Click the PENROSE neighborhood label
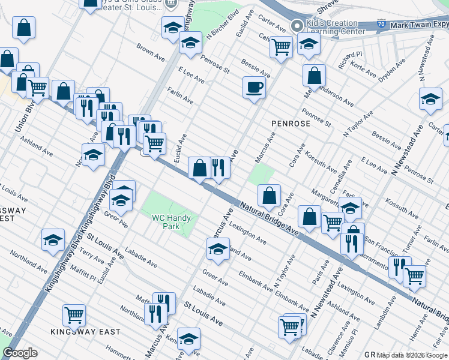[x=291, y=124]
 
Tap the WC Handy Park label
[x=166, y=223]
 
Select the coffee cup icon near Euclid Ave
[x=254, y=87]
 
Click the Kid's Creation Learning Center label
[x=335, y=26]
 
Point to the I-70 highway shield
[x=381, y=25]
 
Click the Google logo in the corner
[x=19, y=353]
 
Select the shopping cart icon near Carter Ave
[x=281, y=46]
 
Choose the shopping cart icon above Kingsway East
[x=74, y=313]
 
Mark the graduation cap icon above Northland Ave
[x=53, y=239]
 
